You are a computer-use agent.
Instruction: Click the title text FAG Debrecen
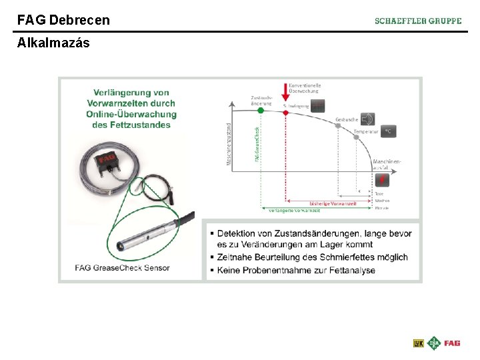(x=63, y=20)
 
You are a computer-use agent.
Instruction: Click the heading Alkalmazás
(x=53, y=43)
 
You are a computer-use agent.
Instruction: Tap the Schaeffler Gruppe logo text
(x=418, y=21)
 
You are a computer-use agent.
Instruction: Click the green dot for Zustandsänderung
(x=261, y=111)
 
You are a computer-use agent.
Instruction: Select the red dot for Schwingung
(x=286, y=113)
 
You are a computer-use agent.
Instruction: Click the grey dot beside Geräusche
(x=339, y=125)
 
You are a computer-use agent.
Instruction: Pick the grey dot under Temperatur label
(x=357, y=139)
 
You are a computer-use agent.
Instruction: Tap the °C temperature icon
(x=387, y=131)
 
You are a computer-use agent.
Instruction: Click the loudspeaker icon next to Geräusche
(x=367, y=119)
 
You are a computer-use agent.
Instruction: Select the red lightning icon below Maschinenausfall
(x=383, y=179)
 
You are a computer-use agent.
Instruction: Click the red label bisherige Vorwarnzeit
(x=333, y=203)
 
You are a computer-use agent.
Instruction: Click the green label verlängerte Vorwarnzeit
(x=294, y=210)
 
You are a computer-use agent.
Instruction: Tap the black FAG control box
(x=108, y=163)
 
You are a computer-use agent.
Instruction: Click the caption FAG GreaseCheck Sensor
(x=123, y=268)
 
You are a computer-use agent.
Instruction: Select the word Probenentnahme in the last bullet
(x=275, y=270)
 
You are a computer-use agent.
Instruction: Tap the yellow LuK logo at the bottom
(x=418, y=343)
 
